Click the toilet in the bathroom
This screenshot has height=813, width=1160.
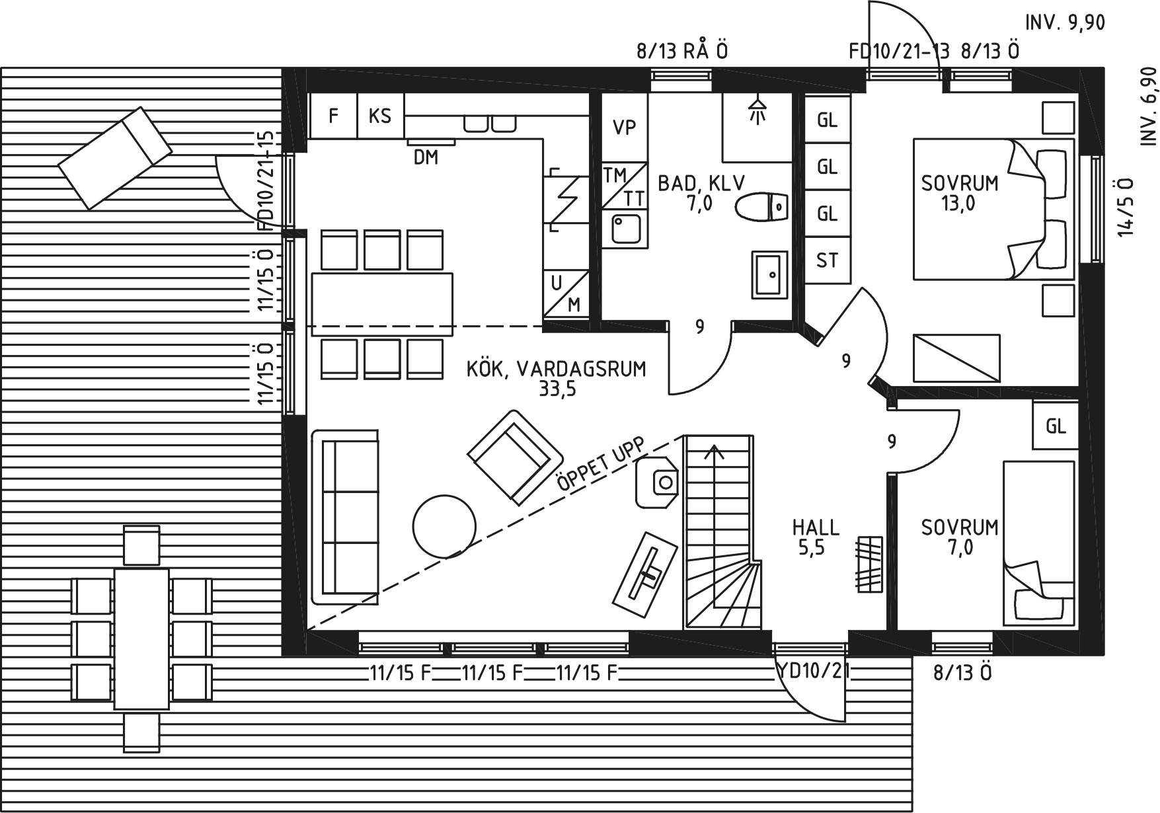coord(762,207)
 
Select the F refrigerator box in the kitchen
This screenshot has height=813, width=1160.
coord(334,116)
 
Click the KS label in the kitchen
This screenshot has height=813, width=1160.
coord(380,116)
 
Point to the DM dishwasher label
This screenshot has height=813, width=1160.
coord(426,157)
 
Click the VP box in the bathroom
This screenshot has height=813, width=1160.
coord(625,128)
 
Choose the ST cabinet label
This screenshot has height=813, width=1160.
coord(827,261)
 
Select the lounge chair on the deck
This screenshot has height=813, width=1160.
coord(113,158)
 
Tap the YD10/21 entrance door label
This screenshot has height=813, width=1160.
coord(813,672)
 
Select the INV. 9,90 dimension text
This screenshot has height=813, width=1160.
coord(1065,22)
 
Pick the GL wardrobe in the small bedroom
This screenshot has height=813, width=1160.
coord(1056,426)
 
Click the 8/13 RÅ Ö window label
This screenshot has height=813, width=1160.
coord(682,51)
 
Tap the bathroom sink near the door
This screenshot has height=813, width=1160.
coord(770,274)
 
